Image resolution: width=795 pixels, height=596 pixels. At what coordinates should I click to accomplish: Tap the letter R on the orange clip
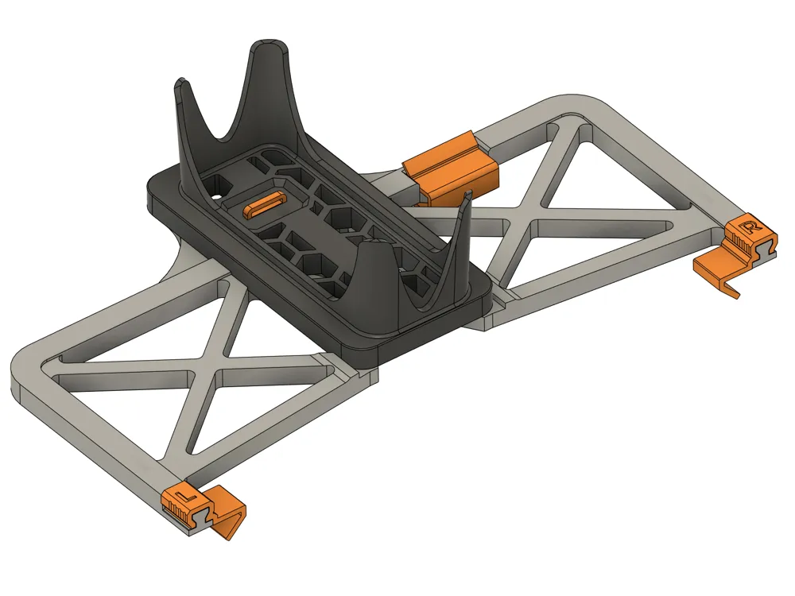[747, 226]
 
